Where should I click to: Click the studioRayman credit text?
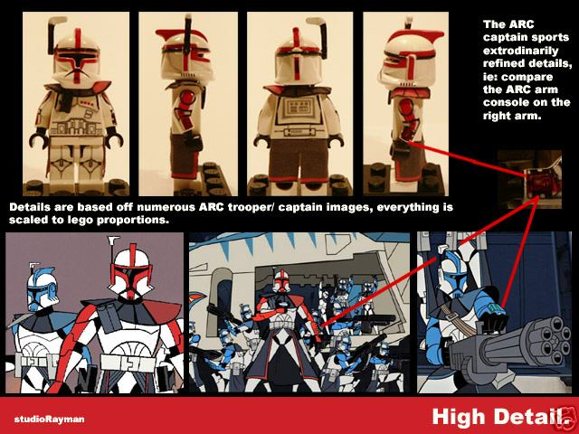[49, 420]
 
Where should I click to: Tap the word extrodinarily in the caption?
[521, 51]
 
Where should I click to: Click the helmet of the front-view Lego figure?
[76, 56]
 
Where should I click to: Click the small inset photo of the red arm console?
[529, 179]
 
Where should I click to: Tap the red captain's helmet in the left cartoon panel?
[131, 270]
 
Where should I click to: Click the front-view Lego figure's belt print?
[77, 128]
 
